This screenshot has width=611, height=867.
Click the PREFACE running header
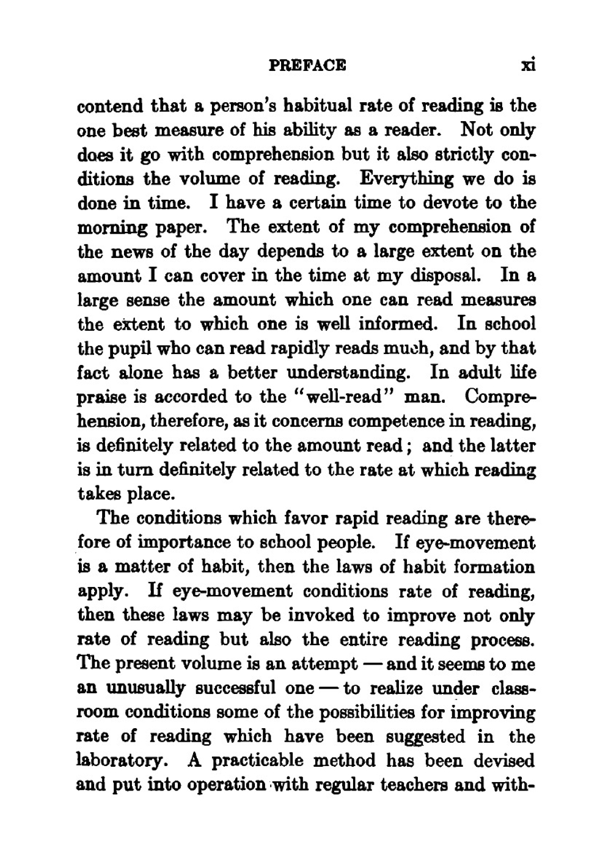(x=307, y=65)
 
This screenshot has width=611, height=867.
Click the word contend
(x=109, y=106)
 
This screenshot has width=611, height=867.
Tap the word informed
(x=389, y=324)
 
